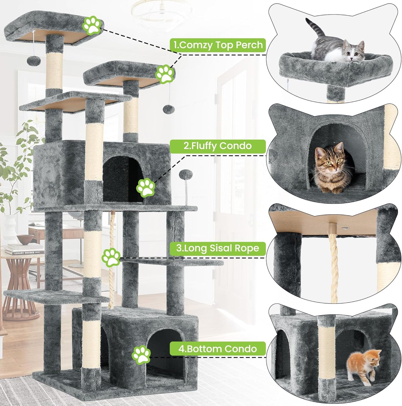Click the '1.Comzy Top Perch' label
point(218,45)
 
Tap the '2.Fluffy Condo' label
point(218,146)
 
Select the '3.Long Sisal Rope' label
point(218,248)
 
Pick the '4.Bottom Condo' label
point(218,349)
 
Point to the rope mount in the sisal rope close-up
point(332,227)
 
